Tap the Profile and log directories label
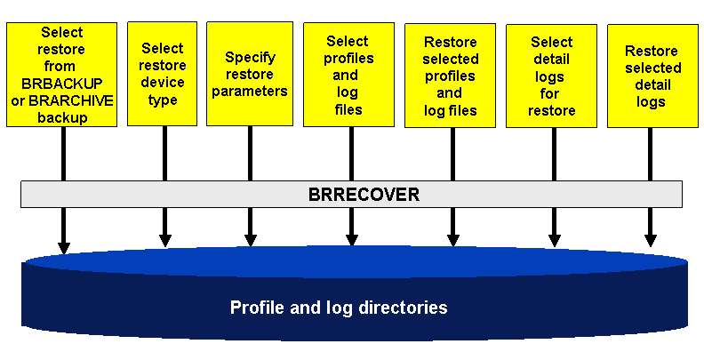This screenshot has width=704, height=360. (x=338, y=308)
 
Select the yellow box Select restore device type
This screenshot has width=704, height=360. (x=163, y=74)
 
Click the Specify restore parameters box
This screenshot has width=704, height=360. (x=250, y=74)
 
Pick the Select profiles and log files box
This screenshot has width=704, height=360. (x=348, y=75)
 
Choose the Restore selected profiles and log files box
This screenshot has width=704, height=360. (x=450, y=76)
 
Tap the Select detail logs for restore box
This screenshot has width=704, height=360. (x=551, y=76)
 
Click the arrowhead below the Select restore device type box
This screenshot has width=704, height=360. (x=164, y=240)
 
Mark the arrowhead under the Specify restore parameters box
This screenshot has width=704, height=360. (x=250, y=240)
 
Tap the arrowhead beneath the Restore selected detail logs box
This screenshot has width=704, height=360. (x=651, y=240)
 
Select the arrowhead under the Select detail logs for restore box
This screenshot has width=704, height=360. (x=554, y=240)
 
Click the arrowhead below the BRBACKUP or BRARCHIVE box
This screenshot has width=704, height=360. (x=63, y=246)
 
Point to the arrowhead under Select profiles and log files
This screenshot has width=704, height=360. (x=352, y=240)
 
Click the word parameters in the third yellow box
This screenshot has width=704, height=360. (x=250, y=91)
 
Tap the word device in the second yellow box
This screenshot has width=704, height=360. (x=163, y=83)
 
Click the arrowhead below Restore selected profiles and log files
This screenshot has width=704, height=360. (x=453, y=240)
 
